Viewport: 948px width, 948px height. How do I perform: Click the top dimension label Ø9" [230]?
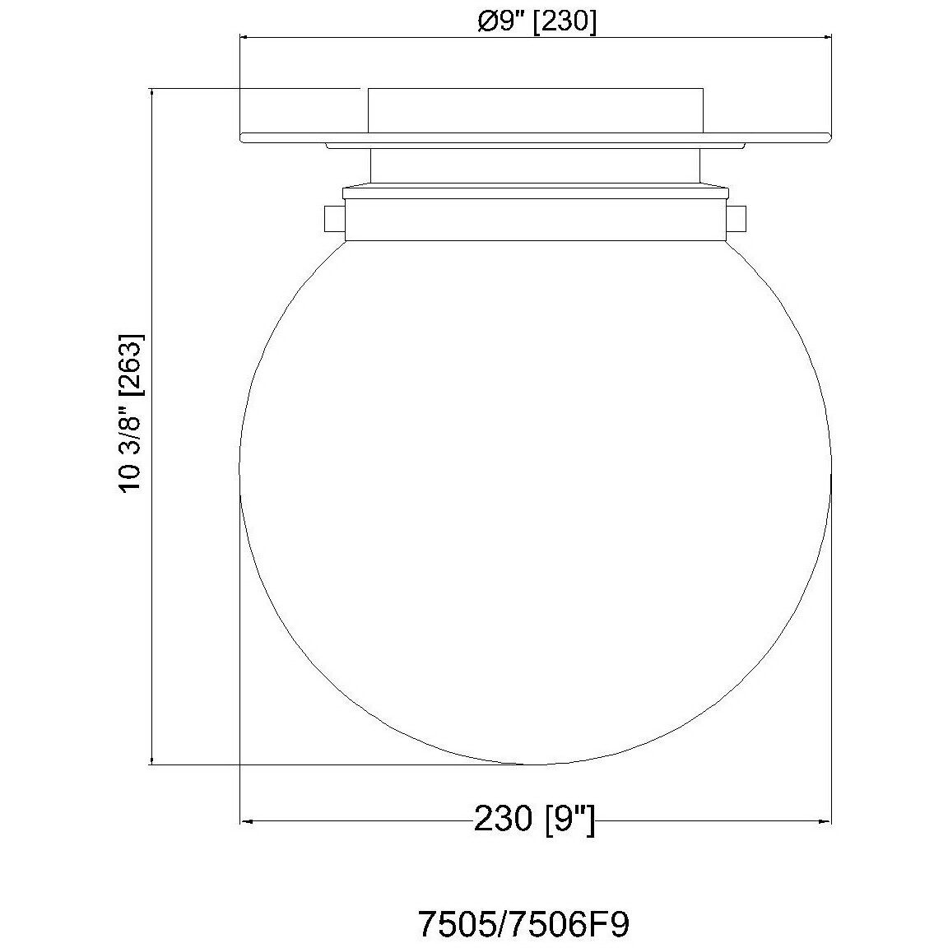pos(537,21)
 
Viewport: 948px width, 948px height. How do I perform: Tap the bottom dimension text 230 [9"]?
pos(535,819)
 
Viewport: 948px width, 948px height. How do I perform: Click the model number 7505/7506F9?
pos(524,922)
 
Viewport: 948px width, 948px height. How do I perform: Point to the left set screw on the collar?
pos(334,219)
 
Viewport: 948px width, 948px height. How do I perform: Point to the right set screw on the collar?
pos(737,219)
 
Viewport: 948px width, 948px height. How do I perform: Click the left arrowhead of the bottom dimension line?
pos(247,821)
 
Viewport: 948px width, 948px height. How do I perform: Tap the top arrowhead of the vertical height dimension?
pos(151,95)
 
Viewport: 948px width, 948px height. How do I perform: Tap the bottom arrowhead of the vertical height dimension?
pos(151,759)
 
